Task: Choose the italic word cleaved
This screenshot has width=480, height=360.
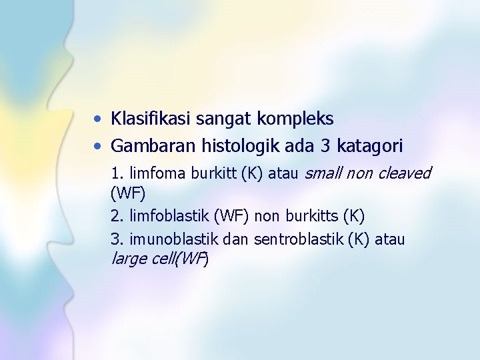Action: coord(405,174)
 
